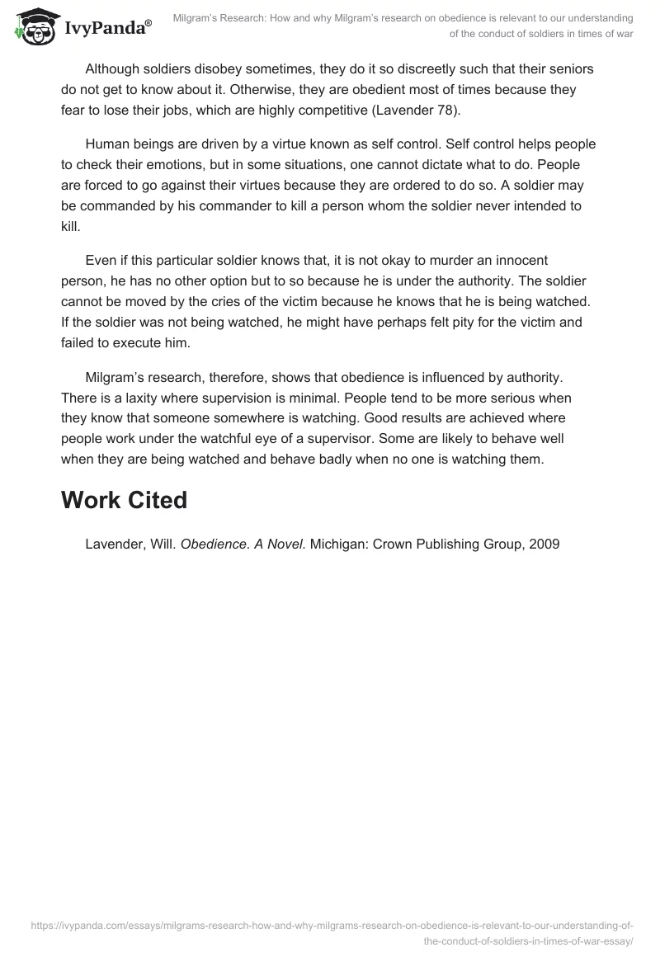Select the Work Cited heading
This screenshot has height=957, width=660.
pos(124,501)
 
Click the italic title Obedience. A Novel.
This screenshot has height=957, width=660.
pos(243,544)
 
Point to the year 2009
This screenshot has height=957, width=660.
pos(546,544)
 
